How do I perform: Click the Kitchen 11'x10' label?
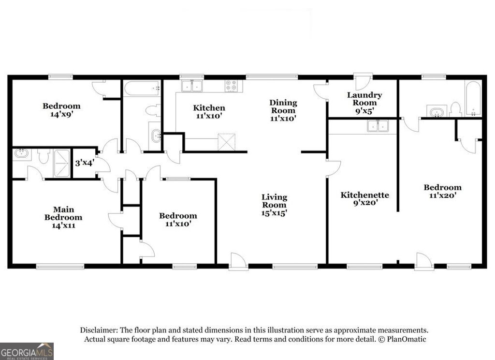209,112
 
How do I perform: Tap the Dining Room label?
283,110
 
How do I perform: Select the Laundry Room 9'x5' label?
364,103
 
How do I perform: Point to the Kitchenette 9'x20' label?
365,199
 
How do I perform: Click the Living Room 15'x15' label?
274,205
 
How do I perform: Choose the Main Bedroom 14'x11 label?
63,217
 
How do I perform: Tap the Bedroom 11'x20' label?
442,192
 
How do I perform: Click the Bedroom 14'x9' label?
61,110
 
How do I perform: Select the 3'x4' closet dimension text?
84,163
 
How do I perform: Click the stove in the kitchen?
232,86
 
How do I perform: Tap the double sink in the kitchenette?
378,126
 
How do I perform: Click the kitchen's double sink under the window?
192,87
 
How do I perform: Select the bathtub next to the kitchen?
142,89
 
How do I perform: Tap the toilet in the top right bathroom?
455,109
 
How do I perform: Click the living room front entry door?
238,262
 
